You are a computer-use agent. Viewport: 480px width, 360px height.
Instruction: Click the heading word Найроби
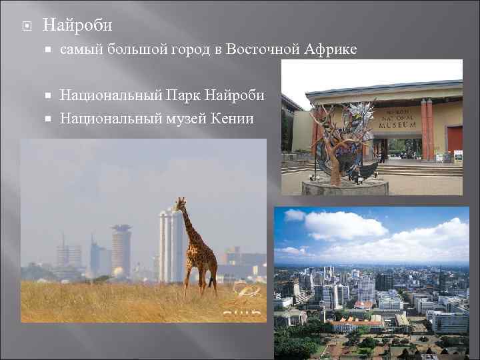(x=77, y=25)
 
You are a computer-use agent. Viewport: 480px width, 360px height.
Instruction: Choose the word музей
(x=189, y=119)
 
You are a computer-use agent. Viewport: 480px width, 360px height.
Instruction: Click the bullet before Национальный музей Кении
(x=50, y=119)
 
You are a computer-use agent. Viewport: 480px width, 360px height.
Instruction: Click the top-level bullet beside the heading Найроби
(x=25, y=26)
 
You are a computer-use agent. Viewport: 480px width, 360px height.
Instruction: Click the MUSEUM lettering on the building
(x=398, y=124)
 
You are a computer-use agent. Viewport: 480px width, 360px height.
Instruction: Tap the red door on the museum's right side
(x=455, y=140)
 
